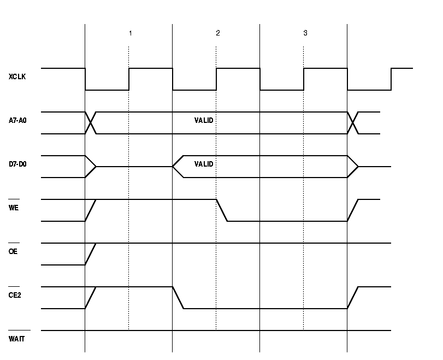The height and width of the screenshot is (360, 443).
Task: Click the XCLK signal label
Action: tap(17, 77)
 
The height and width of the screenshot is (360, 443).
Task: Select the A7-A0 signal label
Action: tap(17, 121)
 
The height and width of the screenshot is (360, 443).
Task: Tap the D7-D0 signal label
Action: tap(17, 164)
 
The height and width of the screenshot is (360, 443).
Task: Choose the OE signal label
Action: tap(13, 252)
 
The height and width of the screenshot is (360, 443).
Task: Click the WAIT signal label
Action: tap(16, 339)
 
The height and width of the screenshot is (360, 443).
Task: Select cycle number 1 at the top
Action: tap(130, 33)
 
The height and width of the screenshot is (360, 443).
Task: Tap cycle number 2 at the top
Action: tap(217, 33)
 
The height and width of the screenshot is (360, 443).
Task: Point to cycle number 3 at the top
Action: tap(305, 33)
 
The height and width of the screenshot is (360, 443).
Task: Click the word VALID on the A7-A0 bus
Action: tap(204, 120)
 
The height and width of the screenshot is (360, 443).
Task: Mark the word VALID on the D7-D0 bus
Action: tap(204, 164)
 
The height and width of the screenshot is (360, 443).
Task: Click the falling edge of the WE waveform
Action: tap(222, 210)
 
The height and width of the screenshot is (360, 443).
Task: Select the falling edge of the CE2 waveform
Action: tap(178, 298)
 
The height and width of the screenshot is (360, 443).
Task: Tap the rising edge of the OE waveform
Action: tap(91, 254)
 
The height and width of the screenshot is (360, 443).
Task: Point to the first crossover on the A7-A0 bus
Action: tap(91, 123)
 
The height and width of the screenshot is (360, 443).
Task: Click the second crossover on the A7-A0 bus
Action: tap(353, 123)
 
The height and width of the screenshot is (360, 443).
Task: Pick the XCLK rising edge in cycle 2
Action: tap(216, 79)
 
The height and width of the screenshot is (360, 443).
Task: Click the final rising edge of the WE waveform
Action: tap(353, 210)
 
